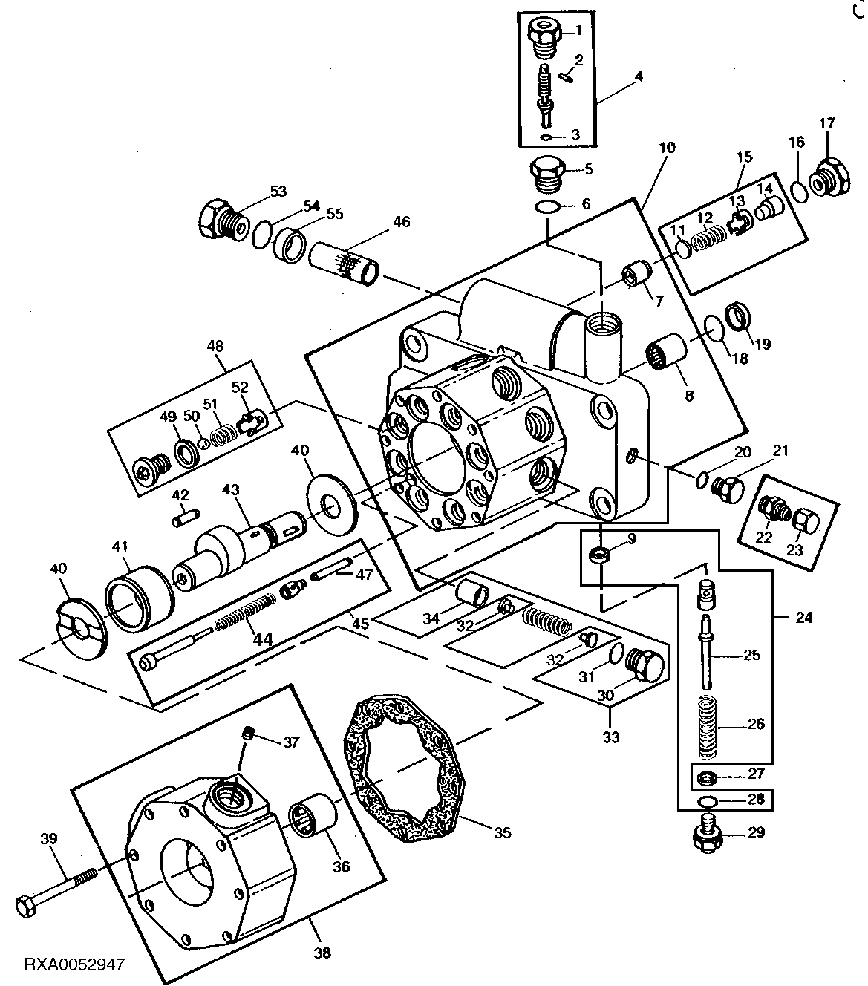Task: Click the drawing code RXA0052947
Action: point(74,965)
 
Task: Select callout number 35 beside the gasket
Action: point(503,832)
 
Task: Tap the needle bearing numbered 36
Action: point(313,820)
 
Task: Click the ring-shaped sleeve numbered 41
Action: point(139,595)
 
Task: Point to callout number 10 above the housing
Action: point(666,148)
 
